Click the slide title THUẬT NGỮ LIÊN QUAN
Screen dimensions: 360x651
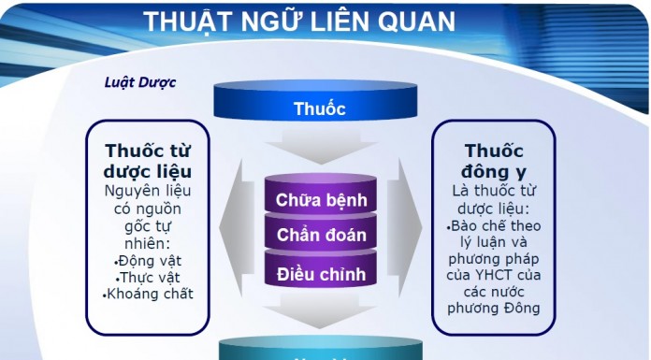point(299,22)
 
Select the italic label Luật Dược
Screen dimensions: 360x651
point(140,81)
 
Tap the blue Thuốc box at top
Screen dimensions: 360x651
point(320,108)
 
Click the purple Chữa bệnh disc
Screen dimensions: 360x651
point(321,200)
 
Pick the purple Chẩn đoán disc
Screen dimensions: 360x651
point(321,236)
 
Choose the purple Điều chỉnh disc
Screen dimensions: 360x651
point(321,274)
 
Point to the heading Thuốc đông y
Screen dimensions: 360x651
point(494,160)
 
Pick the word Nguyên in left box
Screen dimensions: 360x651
point(129,193)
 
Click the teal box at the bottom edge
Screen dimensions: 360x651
point(320,352)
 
